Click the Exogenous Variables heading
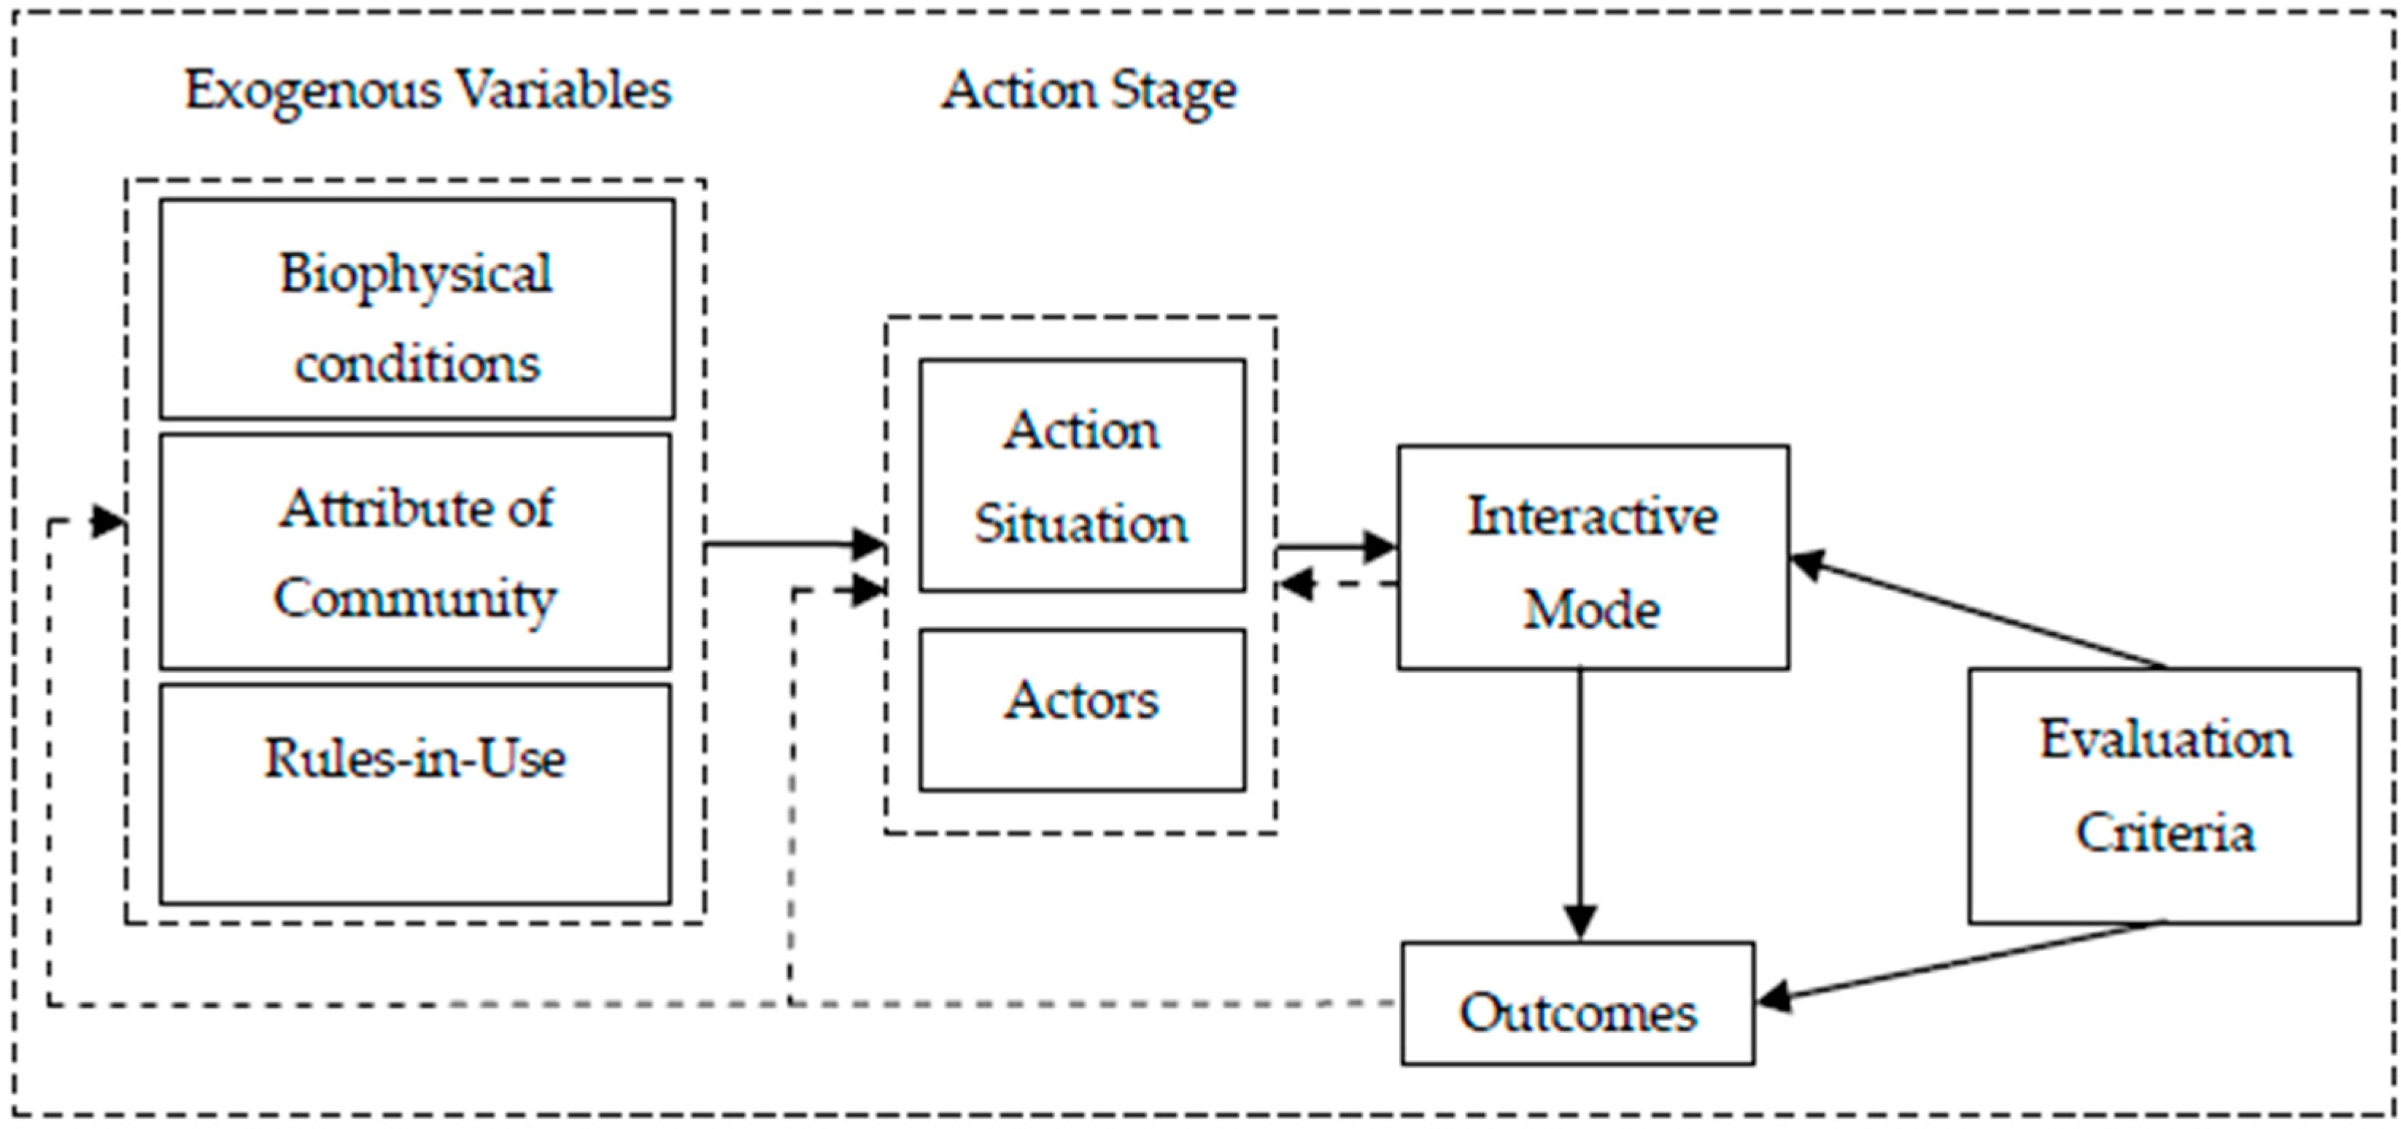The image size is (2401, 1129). [427, 91]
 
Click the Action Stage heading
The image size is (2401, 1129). [1088, 91]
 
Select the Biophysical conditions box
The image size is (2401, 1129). [417, 309]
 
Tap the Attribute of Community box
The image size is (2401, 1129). [415, 551]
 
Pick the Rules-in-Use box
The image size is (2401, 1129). [415, 793]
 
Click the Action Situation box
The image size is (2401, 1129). [1081, 476]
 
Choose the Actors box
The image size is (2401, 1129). [1081, 709]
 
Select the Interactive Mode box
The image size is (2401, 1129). [1592, 557]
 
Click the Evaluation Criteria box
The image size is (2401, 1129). [2164, 795]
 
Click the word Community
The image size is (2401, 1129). [415, 598]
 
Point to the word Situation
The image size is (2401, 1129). [1081, 524]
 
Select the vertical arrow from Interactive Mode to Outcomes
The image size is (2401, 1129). [1580, 802]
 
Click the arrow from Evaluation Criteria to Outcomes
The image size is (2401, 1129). [1957, 963]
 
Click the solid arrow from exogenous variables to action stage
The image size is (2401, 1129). [792, 544]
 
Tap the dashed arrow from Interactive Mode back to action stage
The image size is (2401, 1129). [1337, 585]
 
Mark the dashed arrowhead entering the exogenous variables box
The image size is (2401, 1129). [107, 522]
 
